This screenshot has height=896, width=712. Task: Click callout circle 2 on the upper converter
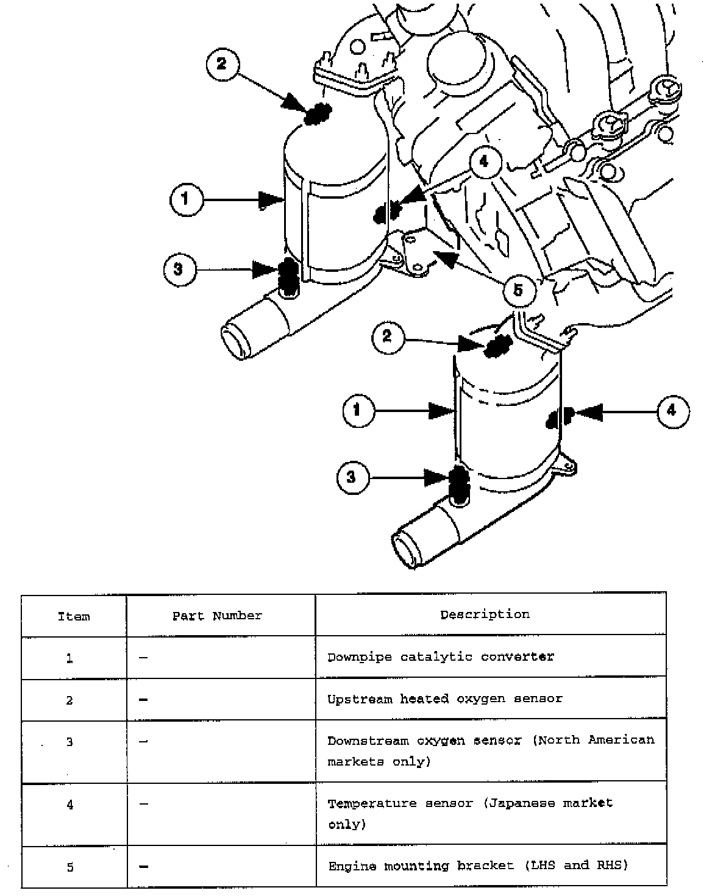click(221, 64)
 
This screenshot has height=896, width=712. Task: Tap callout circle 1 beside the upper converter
click(186, 200)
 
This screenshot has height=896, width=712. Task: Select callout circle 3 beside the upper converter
click(180, 269)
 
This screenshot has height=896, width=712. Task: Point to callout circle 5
click(519, 290)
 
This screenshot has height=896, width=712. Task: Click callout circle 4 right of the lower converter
click(673, 411)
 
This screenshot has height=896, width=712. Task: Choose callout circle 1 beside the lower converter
click(358, 410)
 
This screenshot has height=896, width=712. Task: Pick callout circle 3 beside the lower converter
click(352, 477)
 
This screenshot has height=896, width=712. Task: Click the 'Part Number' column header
click(217, 616)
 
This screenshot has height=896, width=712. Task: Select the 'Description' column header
click(485, 614)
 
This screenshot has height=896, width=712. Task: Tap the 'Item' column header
click(74, 616)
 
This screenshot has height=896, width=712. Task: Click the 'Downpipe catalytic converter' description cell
click(441, 657)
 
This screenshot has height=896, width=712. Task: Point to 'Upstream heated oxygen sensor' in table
click(444, 699)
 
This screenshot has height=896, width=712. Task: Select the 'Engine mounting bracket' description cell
click(478, 866)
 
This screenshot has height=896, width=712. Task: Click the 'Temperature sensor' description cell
click(469, 813)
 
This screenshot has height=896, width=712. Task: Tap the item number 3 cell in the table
click(70, 742)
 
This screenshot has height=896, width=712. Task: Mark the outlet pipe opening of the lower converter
click(405, 547)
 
